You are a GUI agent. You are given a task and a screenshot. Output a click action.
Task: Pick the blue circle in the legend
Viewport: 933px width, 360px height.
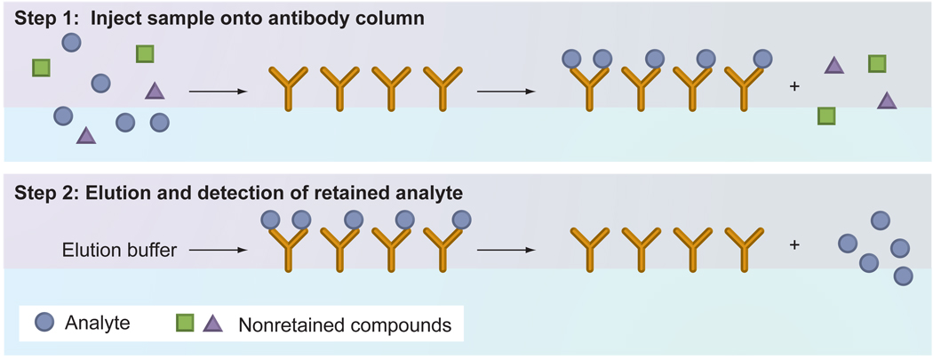pos(42,323)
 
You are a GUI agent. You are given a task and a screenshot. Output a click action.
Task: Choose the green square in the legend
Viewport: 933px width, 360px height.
pos(184,323)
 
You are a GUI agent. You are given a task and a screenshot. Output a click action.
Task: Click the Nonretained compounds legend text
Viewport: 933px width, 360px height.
pos(345,324)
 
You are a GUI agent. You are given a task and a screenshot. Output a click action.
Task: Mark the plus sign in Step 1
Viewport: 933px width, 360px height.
pos(794,87)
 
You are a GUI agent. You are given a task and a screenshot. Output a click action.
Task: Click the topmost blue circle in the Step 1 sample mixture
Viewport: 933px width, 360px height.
pos(73,41)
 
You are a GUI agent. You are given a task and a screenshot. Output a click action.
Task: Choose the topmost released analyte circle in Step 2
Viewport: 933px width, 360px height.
pos(880,220)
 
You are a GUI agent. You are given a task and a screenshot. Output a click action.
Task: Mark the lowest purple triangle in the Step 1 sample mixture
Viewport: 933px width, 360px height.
pos(86,135)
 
